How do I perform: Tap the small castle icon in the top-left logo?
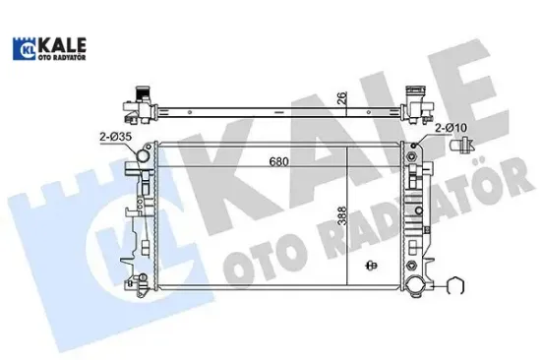point(25,49)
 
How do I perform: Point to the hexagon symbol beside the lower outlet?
point(454,287)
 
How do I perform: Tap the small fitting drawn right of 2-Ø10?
point(458,149)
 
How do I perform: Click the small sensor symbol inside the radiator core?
point(371,264)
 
